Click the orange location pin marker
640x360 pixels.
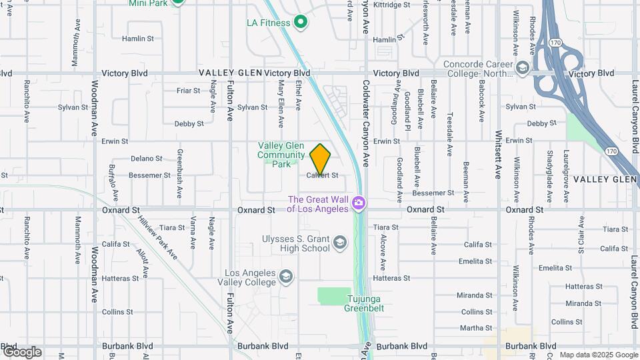(321, 159)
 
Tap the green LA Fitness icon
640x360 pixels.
(300, 23)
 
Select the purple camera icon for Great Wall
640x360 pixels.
(359, 202)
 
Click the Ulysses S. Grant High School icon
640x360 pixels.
(339, 241)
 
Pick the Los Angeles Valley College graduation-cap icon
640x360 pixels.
(286, 277)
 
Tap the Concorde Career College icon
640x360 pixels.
(523, 68)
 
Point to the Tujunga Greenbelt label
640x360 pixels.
(364, 303)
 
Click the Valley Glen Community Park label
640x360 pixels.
(281, 154)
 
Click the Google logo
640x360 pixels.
(21, 351)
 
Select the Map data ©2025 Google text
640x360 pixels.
(598, 355)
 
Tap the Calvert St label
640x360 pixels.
(323, 175)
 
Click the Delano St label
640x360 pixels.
(146, 159)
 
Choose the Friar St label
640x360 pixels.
(188, 91)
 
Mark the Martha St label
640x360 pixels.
(476, 328)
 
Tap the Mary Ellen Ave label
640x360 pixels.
(281, 104)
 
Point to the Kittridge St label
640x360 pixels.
(392, 5)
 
